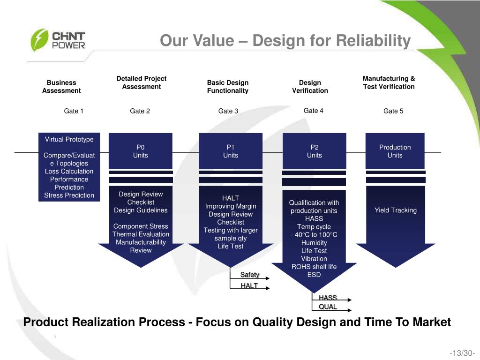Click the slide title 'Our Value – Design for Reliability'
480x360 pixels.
tap(285, 41)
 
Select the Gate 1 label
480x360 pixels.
tap(74, 111)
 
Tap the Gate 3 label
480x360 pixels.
tap(228, 111)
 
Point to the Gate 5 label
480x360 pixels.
tap(393, 111)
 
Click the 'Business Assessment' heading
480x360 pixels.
tap(61, 87)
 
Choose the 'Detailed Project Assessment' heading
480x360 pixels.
tap(141, 82)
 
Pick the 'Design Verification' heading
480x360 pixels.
tap(310, 87)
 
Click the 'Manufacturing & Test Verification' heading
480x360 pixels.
tap(389, 82)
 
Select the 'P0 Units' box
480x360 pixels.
tap(141, 151)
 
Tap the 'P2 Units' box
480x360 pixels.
tap(314, 151)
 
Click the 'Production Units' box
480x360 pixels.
tap(395, 151)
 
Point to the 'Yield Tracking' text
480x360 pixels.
tap(396, 210)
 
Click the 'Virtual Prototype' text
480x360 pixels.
tap(69, 139)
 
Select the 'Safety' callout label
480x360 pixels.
tap(250, 275)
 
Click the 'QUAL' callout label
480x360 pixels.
tap(328, 307)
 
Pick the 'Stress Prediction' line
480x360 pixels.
tap(69, 195)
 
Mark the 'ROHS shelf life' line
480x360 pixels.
tap(314, 267)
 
